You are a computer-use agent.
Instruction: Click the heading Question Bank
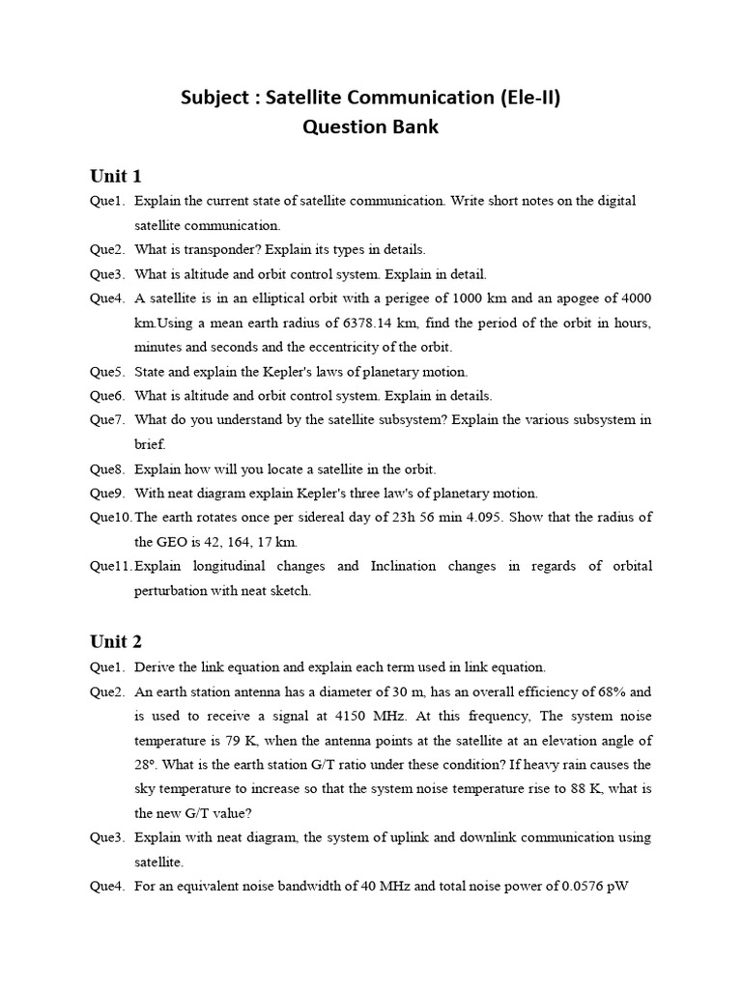[370, 127]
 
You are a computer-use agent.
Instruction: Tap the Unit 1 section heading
[116, 176]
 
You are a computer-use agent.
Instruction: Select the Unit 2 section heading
[116, 642]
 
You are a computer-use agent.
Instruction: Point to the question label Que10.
[110, 518]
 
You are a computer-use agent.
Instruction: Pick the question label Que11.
[110, 566]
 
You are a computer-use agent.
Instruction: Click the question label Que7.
[107, 419]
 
